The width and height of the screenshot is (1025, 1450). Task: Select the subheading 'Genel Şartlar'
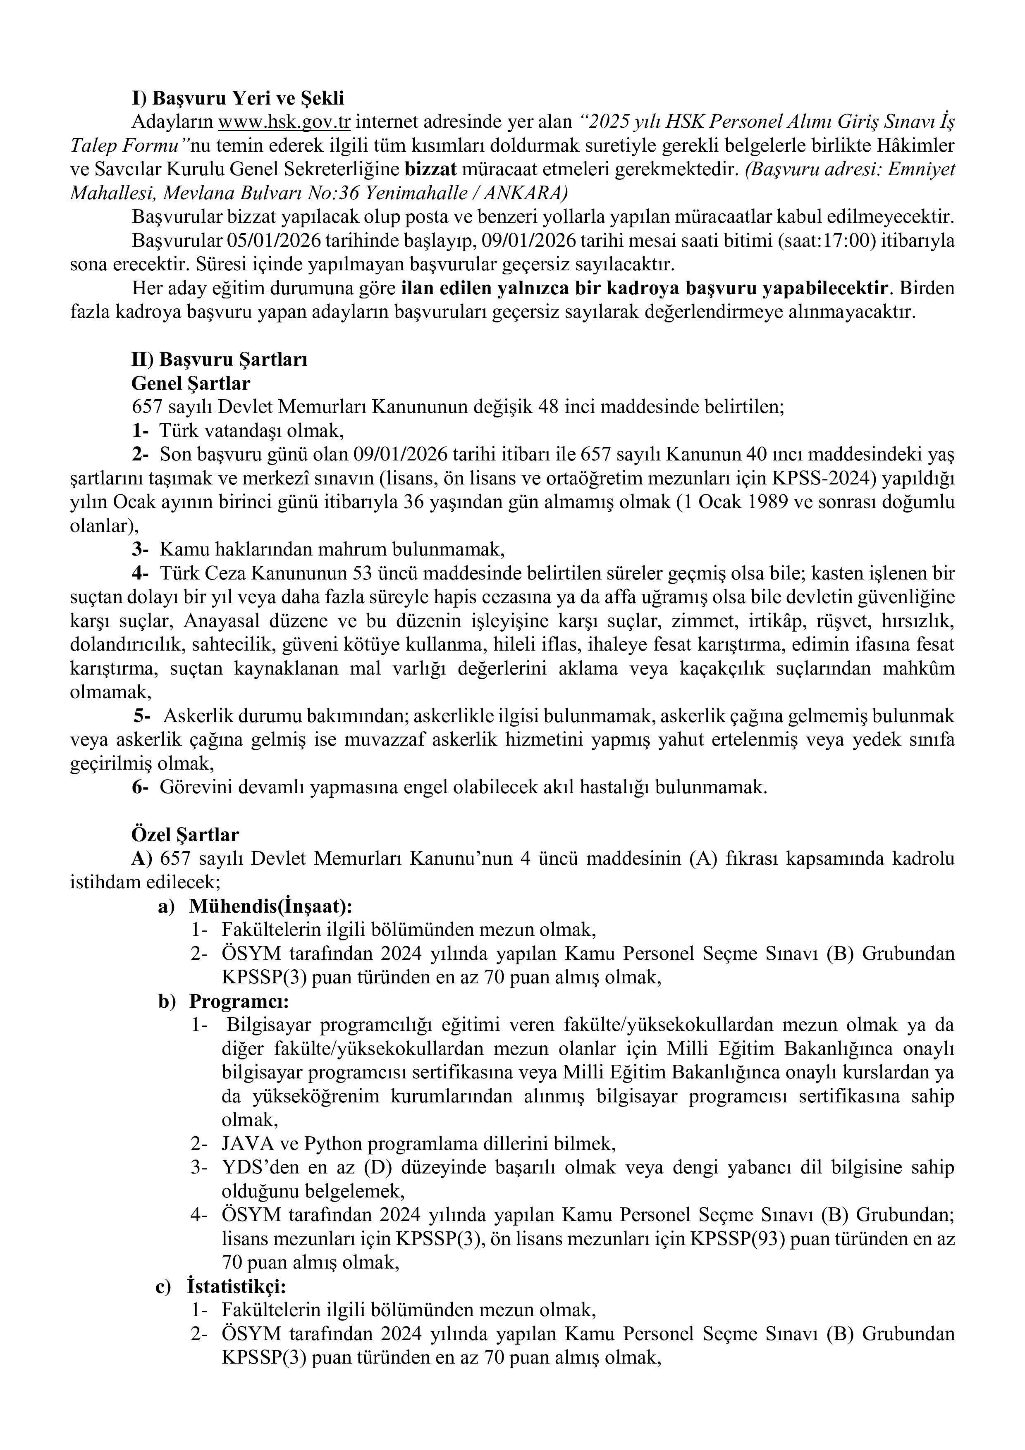coord(190,383)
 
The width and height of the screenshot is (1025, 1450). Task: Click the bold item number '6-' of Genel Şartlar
coord(140,787)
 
